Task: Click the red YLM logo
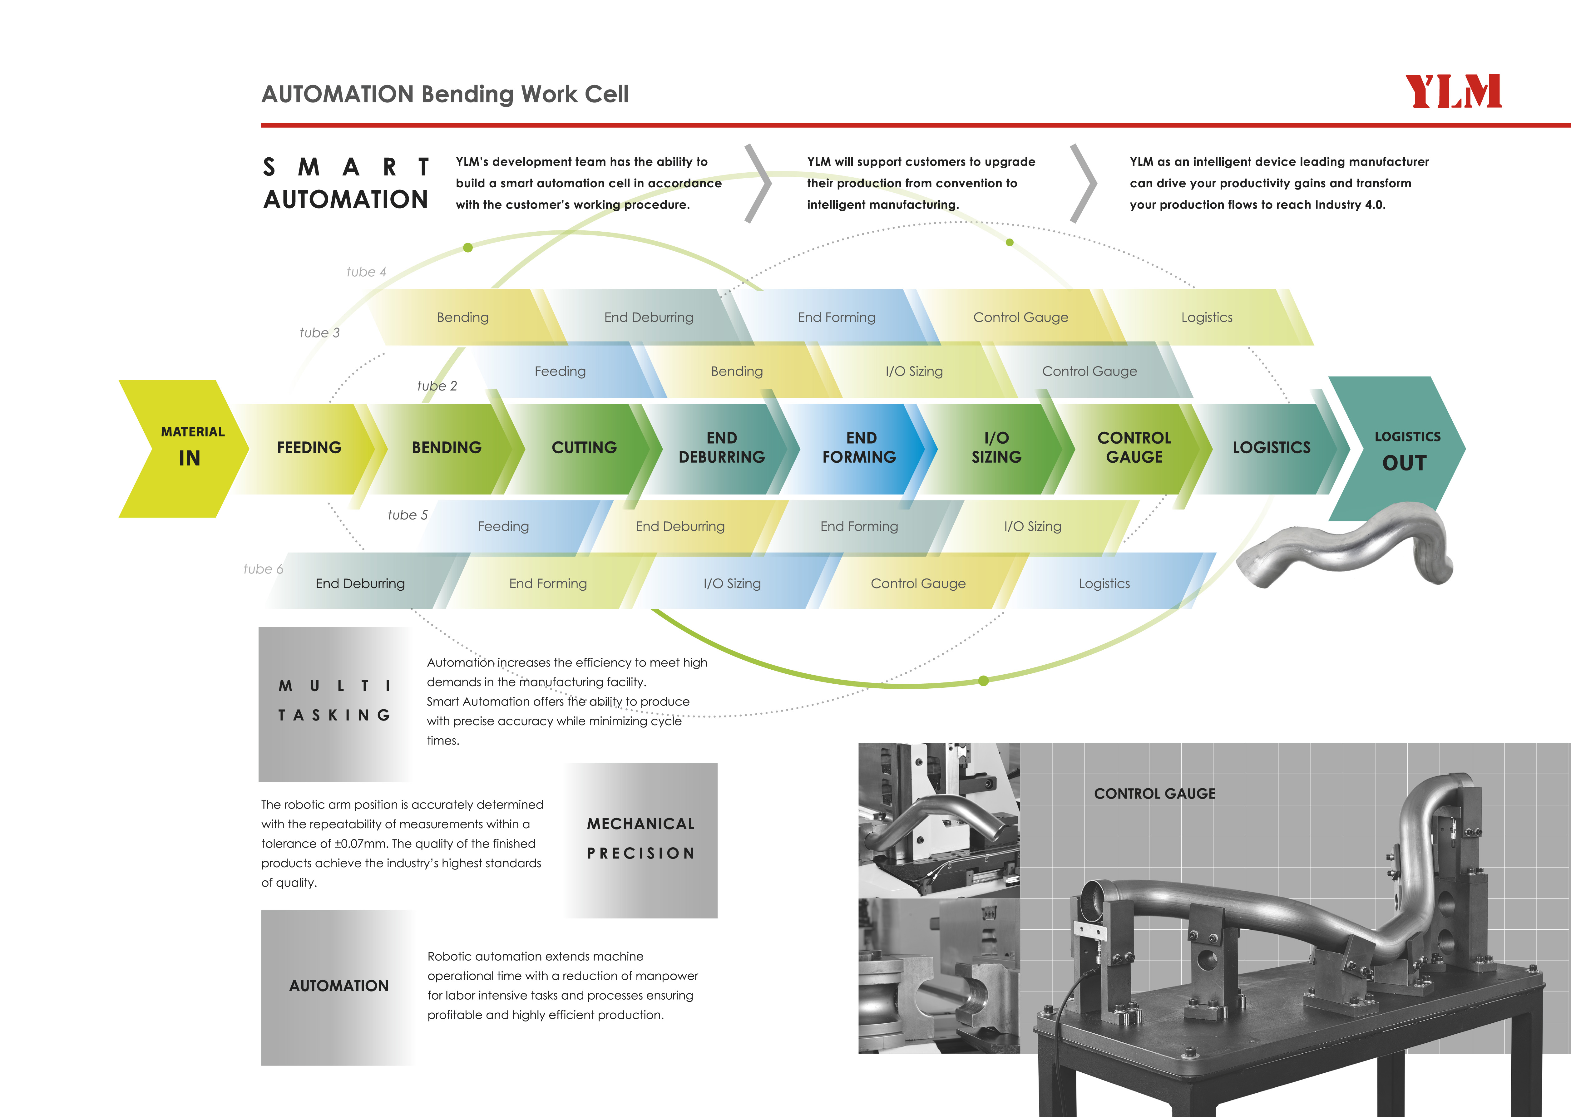1453,91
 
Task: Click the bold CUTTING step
584,448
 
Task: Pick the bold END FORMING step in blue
859,448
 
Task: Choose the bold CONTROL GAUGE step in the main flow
1134,448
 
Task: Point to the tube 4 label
366,272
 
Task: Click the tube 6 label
263,569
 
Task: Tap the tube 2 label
437,386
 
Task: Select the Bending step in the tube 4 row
463,317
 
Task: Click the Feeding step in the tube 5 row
503,526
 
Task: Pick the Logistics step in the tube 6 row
1104,583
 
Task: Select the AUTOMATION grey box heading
338,986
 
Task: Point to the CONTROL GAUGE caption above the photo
1155,794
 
